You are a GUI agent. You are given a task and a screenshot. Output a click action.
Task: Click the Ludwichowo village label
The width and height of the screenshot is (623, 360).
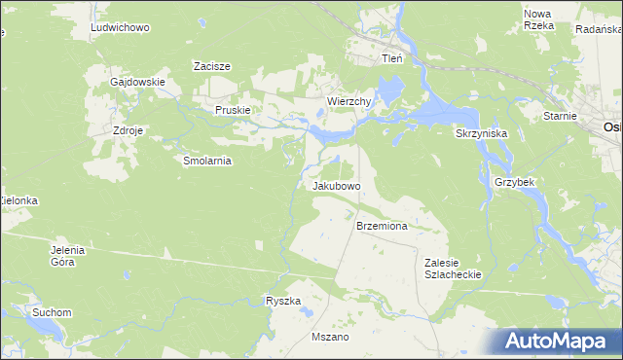119,28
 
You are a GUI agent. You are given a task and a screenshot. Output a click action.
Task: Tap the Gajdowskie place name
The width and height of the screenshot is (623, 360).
137,83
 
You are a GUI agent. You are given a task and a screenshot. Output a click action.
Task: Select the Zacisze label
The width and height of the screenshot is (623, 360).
211,66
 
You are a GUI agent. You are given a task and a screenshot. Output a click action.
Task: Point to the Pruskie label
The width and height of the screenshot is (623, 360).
233,111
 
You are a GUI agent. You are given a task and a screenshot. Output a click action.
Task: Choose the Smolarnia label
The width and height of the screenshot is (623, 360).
206,162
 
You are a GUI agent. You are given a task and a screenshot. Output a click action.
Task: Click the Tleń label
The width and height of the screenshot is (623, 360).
391,59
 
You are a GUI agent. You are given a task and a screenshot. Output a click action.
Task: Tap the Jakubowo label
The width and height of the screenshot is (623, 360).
337,185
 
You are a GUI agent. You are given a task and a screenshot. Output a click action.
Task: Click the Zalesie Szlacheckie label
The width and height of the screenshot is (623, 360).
453,269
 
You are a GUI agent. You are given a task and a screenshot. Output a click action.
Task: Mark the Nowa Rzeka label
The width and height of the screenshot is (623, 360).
538,19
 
